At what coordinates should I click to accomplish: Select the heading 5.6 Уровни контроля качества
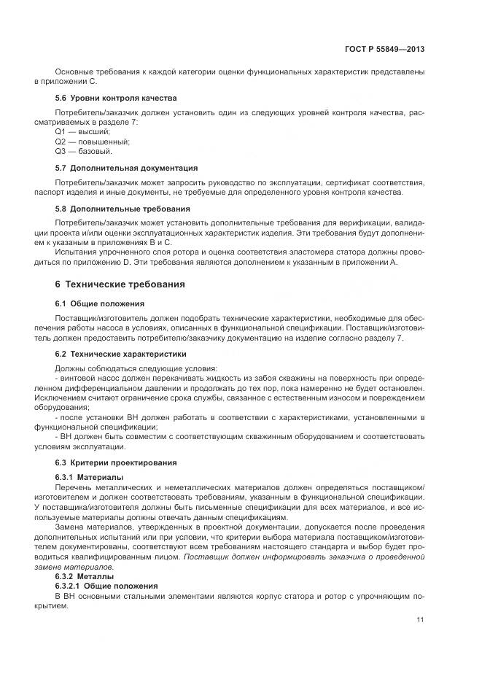coord(116,98)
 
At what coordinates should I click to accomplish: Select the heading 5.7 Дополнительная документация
coord(126,168)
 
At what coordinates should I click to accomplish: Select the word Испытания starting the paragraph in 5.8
coord(77,252)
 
